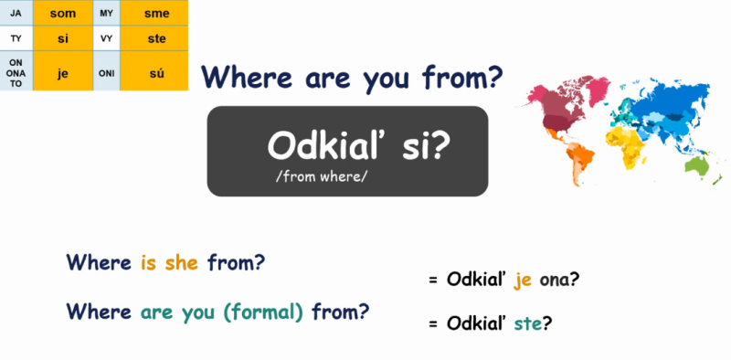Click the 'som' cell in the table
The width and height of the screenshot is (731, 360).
pos(63,13)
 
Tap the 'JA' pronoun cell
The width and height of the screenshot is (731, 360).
pos(16,13)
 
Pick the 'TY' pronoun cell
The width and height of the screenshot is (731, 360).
pos(16,38)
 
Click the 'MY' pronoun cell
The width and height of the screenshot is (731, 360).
pos(107,13)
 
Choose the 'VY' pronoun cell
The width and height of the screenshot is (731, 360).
pos(107,38)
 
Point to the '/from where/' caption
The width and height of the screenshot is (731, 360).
pos(321,175)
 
